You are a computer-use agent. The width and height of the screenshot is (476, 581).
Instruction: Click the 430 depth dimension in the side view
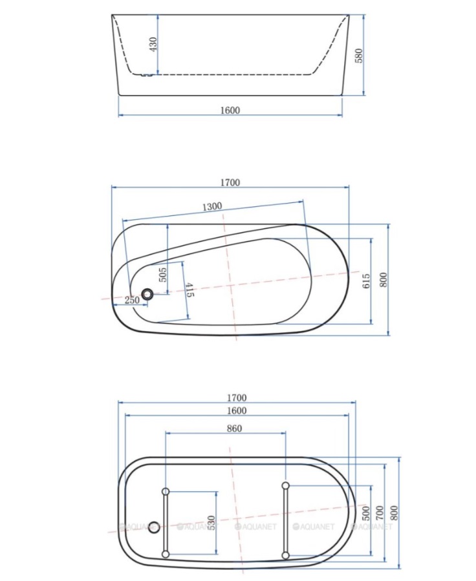[x=153, y=44]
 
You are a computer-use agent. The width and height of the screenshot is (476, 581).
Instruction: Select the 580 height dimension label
[x=359, y=56]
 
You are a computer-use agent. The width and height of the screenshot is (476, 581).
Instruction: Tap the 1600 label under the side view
[x=230, y=111]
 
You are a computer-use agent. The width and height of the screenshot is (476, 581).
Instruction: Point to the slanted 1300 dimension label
[x=212, y=206]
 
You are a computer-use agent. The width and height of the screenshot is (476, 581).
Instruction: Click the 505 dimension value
[x=163, y=275]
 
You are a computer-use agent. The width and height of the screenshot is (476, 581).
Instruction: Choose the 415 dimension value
[x=189, y=290]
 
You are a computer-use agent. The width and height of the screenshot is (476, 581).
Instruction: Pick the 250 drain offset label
[x=133, y=300]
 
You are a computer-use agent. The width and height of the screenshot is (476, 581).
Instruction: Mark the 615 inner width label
[x=365, y=281]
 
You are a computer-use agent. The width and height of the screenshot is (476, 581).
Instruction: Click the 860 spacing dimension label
[x=234, y=428]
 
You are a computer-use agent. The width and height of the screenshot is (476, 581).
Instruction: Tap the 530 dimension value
[x=211, y=523]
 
